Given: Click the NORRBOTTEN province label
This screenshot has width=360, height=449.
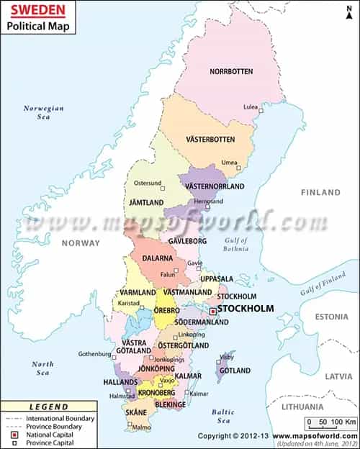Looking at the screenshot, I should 231,71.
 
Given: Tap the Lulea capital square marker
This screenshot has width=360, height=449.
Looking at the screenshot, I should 261,110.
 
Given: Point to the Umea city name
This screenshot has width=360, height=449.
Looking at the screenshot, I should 229,163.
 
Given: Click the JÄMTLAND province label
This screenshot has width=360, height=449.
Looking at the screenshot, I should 145,204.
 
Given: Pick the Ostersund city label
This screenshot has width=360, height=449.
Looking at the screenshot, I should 148,183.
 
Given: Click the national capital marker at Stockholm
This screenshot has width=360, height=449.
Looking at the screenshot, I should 213,312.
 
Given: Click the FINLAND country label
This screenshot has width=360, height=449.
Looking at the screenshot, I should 321,193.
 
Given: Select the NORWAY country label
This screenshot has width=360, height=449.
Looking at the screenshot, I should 81,243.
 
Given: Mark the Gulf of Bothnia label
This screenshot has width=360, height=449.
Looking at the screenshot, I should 235,245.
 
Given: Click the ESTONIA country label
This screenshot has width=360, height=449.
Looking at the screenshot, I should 330,317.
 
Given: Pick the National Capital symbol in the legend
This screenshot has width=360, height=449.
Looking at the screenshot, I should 14,436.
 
